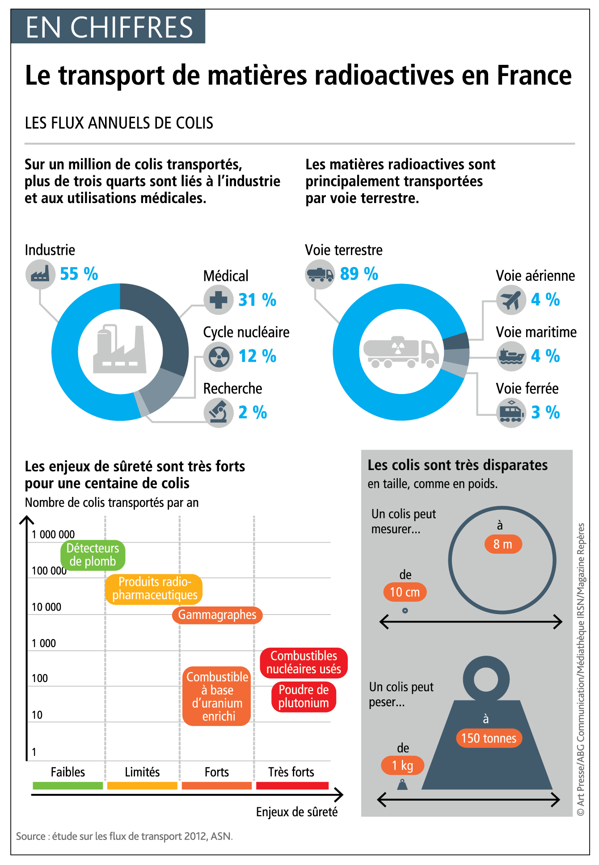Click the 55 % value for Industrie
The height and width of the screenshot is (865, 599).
click(79, 274)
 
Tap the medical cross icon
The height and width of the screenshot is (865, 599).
click(218, 300)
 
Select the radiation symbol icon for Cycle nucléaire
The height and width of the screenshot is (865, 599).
click(218, 356)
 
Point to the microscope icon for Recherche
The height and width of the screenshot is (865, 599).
click(218, 412)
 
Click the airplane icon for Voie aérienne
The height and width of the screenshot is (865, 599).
click(511, 300)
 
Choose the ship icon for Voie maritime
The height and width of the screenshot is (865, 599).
click(511, 356)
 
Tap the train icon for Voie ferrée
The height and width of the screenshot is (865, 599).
click(511, 412)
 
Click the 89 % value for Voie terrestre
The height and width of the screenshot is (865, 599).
click(359, 274)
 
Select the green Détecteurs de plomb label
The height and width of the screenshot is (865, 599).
click(93, 555)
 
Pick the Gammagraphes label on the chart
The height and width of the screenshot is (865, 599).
click(217, 615)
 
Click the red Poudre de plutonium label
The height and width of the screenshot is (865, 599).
click(304, 696)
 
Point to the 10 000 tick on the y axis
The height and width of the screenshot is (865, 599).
click(46, 607)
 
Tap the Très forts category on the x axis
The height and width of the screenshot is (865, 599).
click(291, 772)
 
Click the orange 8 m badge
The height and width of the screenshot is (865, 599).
click(503, 544)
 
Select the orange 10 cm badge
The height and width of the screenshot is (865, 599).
click(405, 592)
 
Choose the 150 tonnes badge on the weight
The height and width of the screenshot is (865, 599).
click(489, 738)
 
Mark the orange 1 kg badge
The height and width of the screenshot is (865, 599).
click(402, 765)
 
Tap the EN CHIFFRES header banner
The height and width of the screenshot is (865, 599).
click(109, 27)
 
